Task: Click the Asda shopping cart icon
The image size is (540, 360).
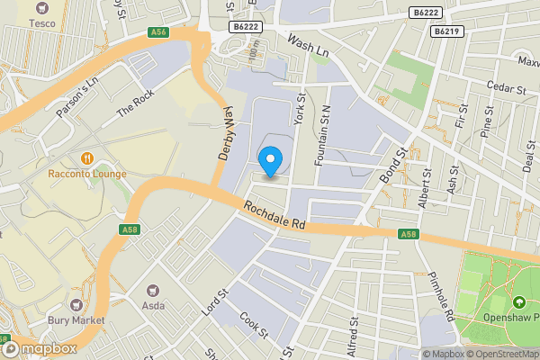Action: coord(151,291)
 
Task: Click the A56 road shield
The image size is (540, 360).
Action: coord(159,32)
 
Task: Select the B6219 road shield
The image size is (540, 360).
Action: coord(445,31)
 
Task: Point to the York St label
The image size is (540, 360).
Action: coord(301,113)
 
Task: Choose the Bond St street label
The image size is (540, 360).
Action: coord(395,165)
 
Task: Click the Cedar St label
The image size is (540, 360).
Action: coord(507,90)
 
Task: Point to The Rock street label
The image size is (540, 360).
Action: coord(136,105)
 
